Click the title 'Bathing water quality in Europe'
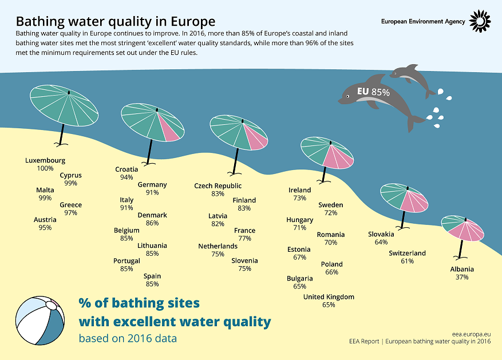coord(116,21)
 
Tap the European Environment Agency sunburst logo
coord(480,21)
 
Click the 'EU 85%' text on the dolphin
coord(373,92)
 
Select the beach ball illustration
coord(40,321)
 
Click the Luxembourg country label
coord(45,160)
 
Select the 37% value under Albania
coord(462,277)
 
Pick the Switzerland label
coord(407,253)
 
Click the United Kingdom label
coord(329,297)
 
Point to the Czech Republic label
coord(218,186)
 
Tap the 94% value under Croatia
coord(127,177)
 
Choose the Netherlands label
coord(218,246)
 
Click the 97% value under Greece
coord(71,213)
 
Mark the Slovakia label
coord(381,234)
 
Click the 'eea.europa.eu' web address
coord(471,334)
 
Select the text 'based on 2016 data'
coord(128,338)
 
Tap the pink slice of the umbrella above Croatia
coord(169,128)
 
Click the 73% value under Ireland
coord(300,198)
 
